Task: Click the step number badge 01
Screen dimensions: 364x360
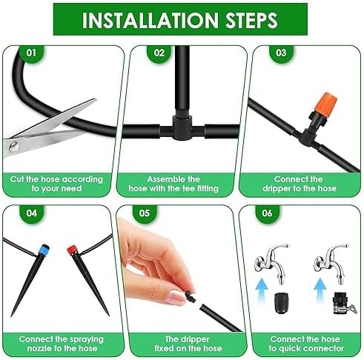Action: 31,53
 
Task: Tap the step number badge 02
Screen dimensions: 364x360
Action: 159,53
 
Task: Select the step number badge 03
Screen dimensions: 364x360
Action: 281,53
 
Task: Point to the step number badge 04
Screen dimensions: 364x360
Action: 31,213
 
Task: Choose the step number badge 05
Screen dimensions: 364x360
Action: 145,213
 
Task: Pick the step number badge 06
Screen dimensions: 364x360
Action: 268,213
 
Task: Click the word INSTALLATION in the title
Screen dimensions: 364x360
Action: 150,20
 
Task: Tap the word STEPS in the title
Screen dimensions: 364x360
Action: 251,20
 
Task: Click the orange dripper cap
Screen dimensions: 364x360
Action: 325,103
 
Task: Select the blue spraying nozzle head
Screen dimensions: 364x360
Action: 44,250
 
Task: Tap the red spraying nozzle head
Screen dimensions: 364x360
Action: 72,250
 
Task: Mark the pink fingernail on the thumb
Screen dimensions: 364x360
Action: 176,297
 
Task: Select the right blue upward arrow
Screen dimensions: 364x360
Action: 320,290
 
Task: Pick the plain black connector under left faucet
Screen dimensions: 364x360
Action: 282,303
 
